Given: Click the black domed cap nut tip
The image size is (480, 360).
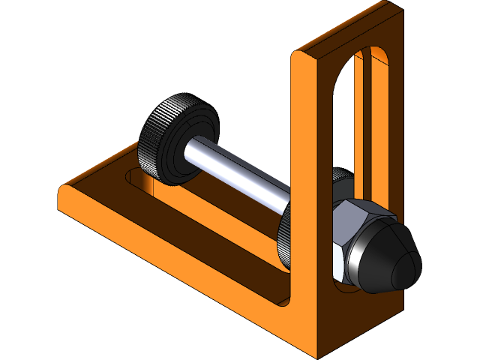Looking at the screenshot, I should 394,259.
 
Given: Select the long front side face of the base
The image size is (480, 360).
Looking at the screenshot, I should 187,277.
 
